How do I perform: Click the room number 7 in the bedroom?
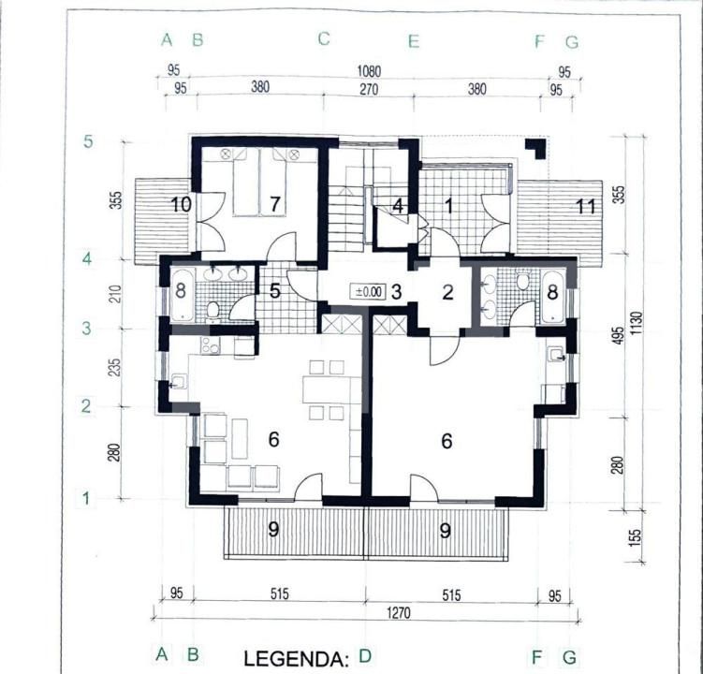274,205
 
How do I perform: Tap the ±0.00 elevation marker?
368,291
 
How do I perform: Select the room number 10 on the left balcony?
180,203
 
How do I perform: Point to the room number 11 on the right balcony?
585,206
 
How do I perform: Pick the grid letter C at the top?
324,39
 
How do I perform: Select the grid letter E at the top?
414,40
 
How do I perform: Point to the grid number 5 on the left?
88,142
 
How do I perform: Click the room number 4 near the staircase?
398,206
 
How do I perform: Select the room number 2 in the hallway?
447,292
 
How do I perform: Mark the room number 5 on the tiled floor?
275,291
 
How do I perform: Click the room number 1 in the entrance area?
447,206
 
